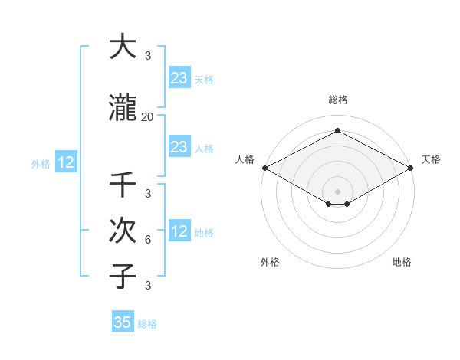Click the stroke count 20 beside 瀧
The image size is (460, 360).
(148, 117)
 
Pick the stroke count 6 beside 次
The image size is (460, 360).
(148, 239)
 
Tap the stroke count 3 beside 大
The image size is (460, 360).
(148, 56)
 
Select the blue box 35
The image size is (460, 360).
(123, 322)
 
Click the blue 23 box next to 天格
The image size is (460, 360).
(179, 77)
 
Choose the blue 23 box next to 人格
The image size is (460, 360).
(179, 147)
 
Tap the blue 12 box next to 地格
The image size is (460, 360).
(179, 231)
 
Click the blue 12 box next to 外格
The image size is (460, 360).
(65, 162)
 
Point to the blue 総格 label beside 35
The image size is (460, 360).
(147, 324)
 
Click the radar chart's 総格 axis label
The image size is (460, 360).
(337, 100)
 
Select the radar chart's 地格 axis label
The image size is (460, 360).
(402, 262)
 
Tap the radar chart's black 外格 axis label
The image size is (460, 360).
(270, 262)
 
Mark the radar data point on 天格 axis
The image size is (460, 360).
(411, 168)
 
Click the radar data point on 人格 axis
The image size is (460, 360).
(264, 168)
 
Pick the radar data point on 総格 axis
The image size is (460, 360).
(337, 130)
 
